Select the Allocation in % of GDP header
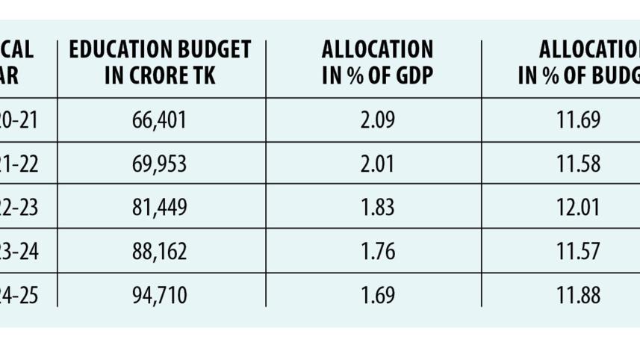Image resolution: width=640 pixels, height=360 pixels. [x=377, y=63]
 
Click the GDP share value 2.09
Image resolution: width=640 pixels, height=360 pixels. [x=377, y=120]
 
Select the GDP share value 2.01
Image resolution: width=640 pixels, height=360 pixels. [x=377, y=164]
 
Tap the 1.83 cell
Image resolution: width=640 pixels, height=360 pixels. [x=377, y=208]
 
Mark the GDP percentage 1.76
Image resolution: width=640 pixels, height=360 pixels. [x=377, y=252]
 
